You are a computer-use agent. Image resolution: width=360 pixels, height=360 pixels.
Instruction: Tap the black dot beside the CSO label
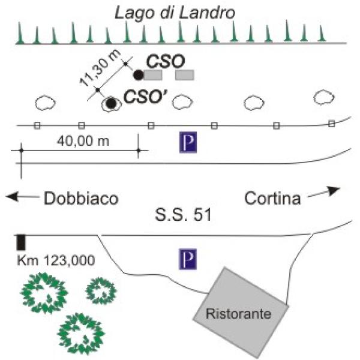point(138,75)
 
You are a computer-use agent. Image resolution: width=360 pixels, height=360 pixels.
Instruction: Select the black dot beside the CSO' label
point(110,103)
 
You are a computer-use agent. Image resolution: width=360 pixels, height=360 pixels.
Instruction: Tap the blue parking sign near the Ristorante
point(188,260)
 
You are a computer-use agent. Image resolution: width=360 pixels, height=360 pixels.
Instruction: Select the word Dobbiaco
point(80,199)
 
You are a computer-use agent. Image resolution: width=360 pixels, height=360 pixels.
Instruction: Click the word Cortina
point(273,198)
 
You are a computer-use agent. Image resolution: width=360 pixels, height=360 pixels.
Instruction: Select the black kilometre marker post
point(21,242)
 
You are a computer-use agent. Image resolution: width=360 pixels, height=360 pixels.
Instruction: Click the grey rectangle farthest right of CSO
point(185,75)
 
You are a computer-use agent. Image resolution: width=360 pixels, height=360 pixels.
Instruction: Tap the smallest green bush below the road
point(100,290)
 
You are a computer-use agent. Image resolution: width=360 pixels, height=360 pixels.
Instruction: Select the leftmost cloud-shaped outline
point(45,103)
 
